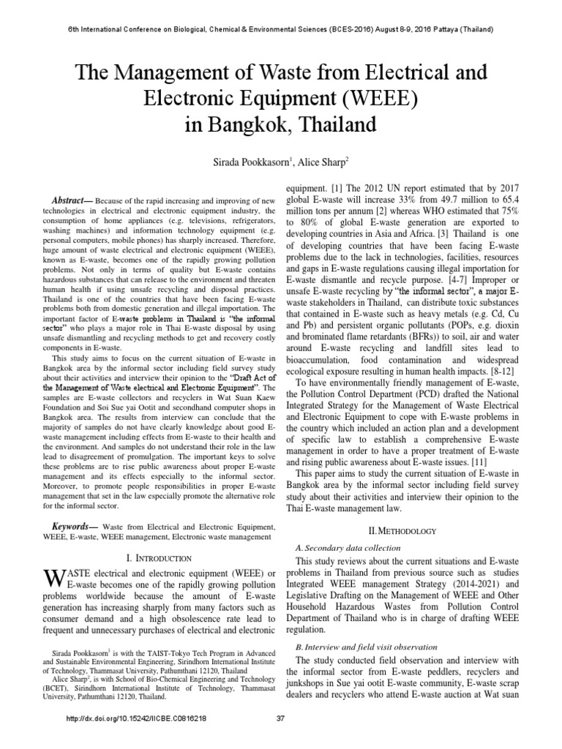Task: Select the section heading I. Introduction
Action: (x=159, y=558)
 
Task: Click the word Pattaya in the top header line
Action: (x=439, y=29)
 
